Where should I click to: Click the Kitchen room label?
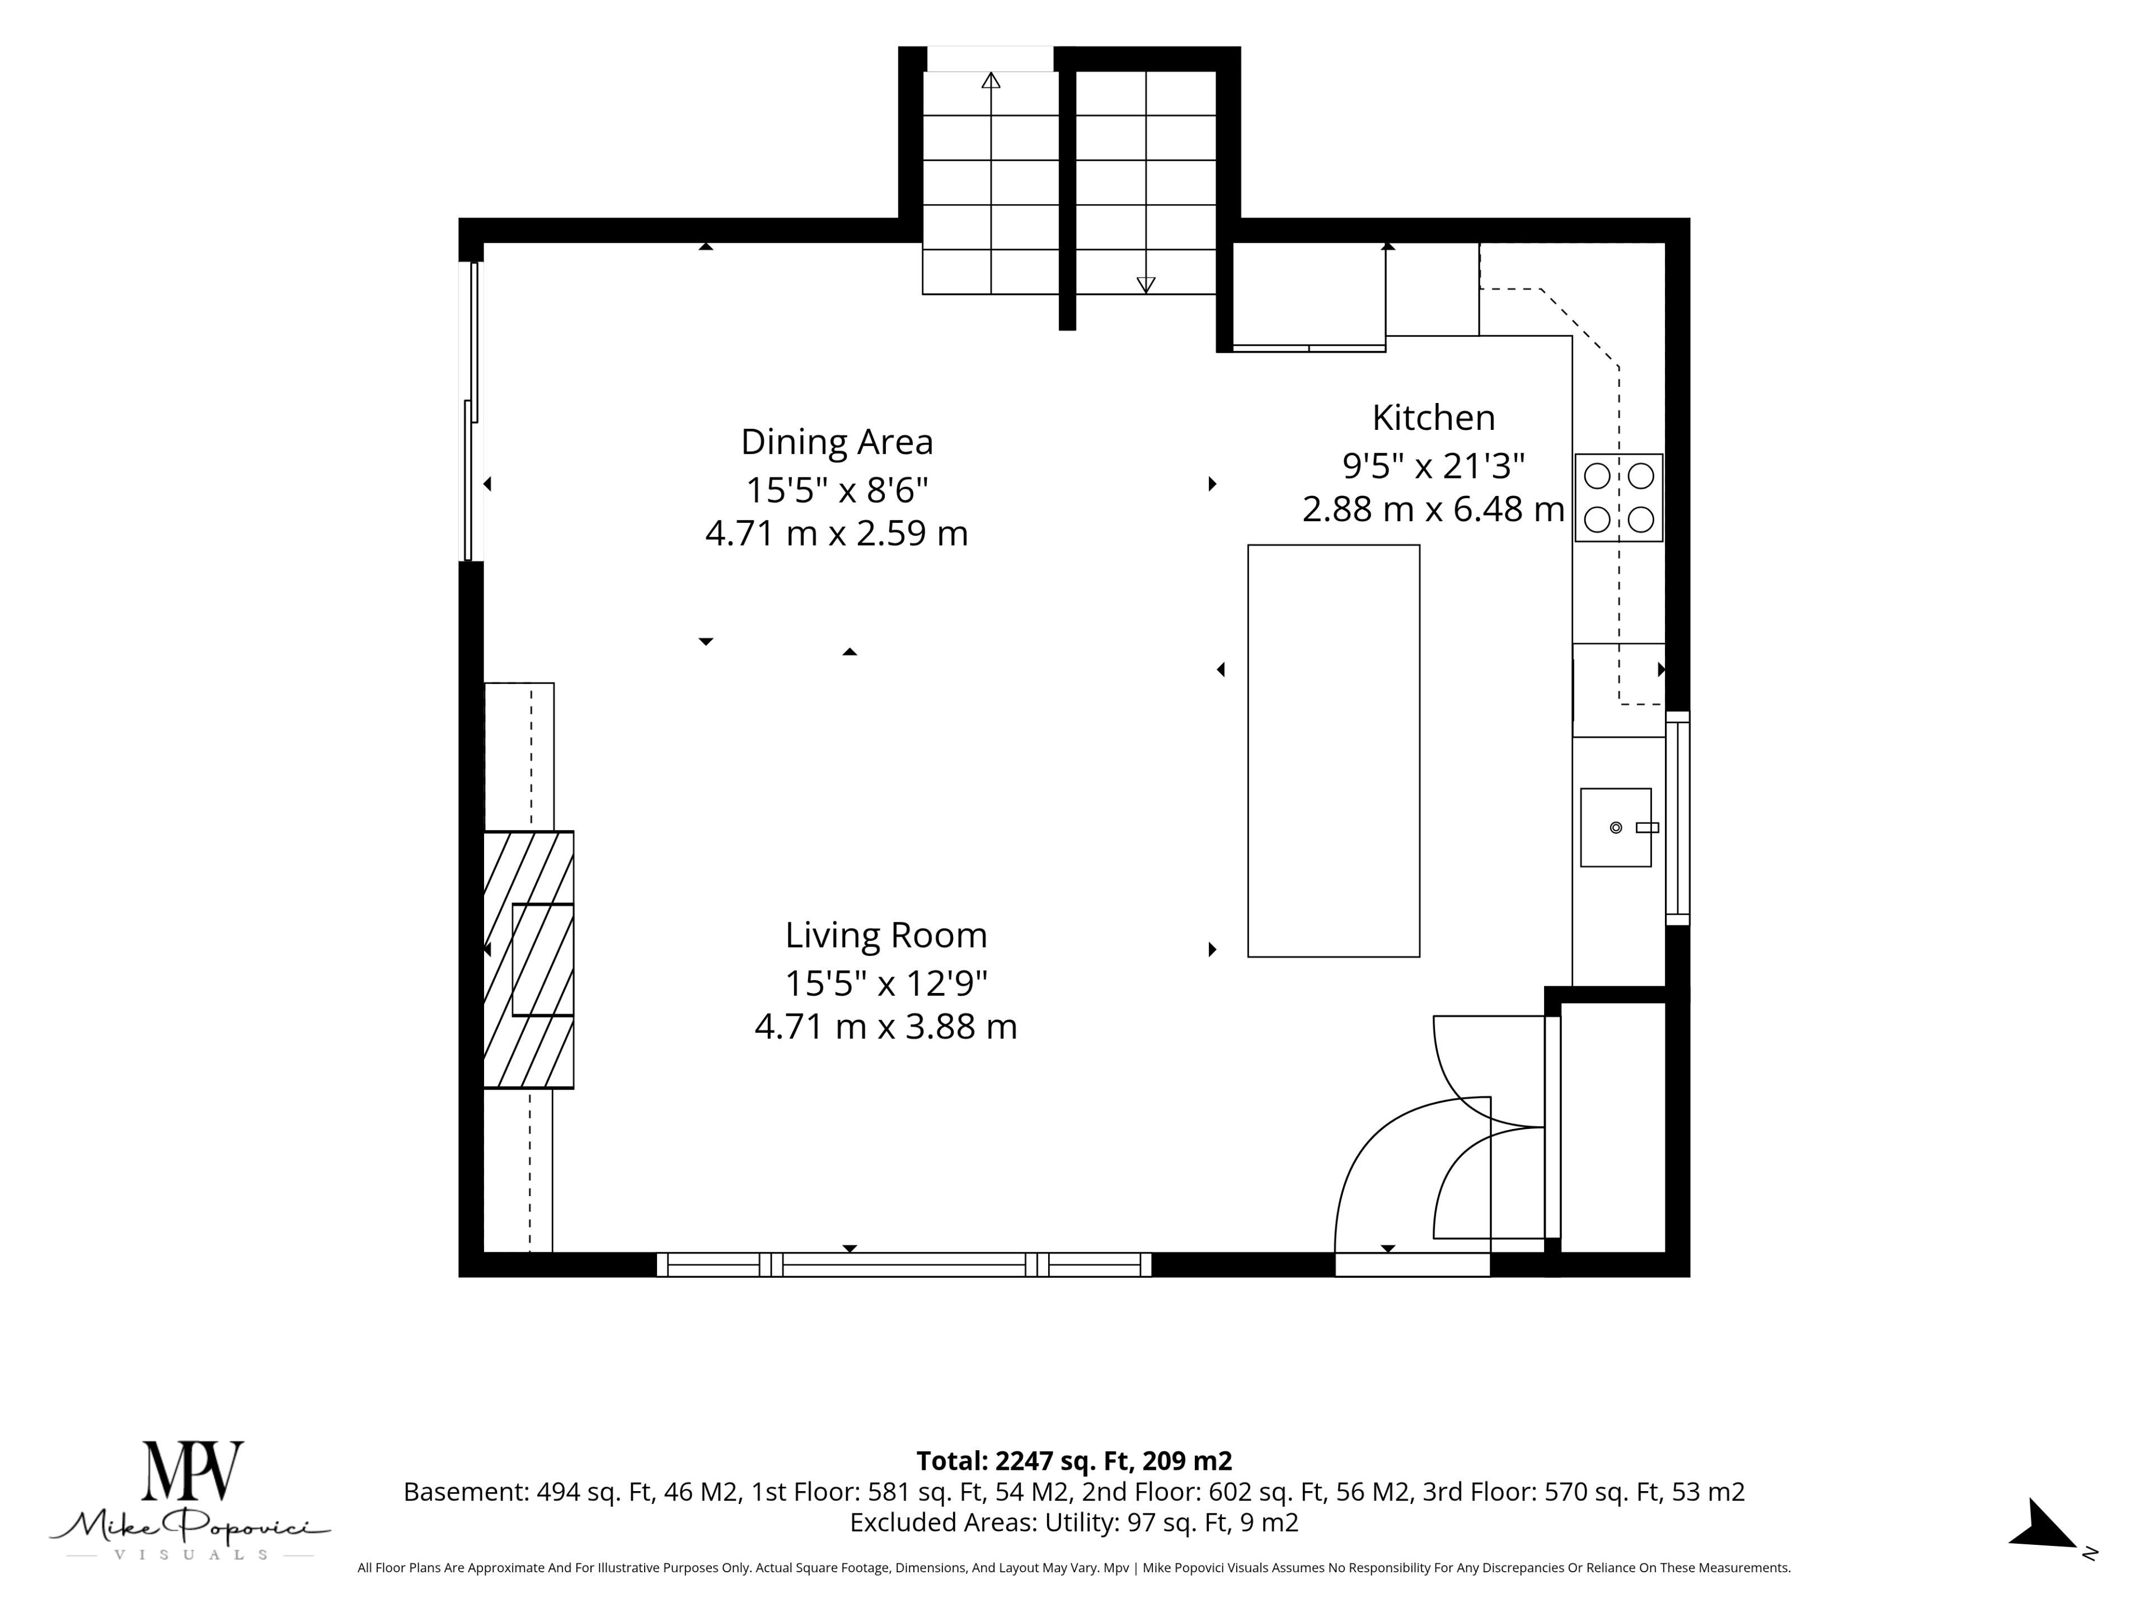[x=1433, y=418]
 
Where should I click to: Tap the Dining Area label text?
[x=837, y=442]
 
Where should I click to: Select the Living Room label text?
[x=886, y=936]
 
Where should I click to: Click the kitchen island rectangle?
[x=1333, y=751]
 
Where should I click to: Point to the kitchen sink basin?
[x=1616, y=827]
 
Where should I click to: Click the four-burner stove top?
[x=1618, y=498]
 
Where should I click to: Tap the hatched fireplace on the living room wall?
[x=528, y=959]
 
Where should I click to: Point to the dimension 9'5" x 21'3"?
[x=1434, y=466]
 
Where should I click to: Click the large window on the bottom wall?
[x=903, y=1264]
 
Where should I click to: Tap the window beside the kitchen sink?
[x=1678, y=818]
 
